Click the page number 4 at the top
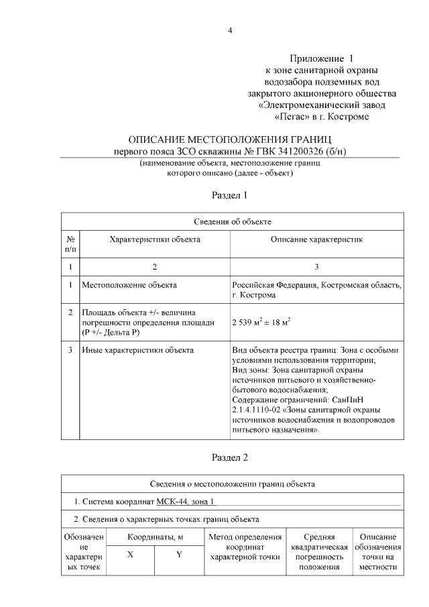point(230,31)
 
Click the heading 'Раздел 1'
point(230,196)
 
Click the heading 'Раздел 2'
point(230,458)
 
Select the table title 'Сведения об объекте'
point(232,221)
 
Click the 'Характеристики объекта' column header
point(154,239)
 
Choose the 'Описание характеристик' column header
point(316,239)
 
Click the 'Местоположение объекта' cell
point(129,285)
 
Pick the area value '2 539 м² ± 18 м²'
point(261,322)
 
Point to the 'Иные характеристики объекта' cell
point(137,349)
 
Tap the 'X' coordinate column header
point(129,555)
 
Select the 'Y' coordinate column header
point(179,555)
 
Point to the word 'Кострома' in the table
point(257,295)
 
